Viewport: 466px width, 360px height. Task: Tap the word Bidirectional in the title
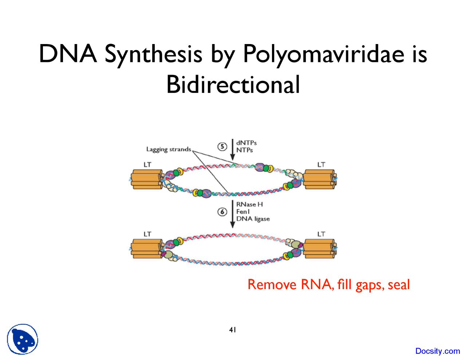[x=233, y=84]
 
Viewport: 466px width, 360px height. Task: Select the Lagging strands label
[x=169, y=149]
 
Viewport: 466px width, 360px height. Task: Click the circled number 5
[x=222, y=146]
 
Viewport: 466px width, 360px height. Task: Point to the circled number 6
[x=222, y=212]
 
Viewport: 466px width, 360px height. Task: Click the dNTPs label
[x=246, y=143]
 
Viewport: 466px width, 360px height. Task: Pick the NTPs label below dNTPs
[x=244, y=150]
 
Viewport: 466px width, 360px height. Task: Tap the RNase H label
[x=249, y=204]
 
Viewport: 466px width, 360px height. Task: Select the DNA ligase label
[x=253, y=219]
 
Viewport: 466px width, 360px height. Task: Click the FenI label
[x=243, y=211]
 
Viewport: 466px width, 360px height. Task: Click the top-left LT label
[x=147, y=165]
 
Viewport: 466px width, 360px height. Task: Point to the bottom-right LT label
[x=321, y=234]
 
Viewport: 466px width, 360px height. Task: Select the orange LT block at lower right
[x=319, y=249]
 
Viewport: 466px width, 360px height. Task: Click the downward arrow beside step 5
[x=233, y=149]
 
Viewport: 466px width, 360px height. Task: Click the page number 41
[x=233, y=330]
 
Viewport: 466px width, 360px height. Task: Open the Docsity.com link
[x=438, y=351]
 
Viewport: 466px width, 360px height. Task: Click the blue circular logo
[x=23, y=339]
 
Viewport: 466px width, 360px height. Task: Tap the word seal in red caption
[x=399, y=285]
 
